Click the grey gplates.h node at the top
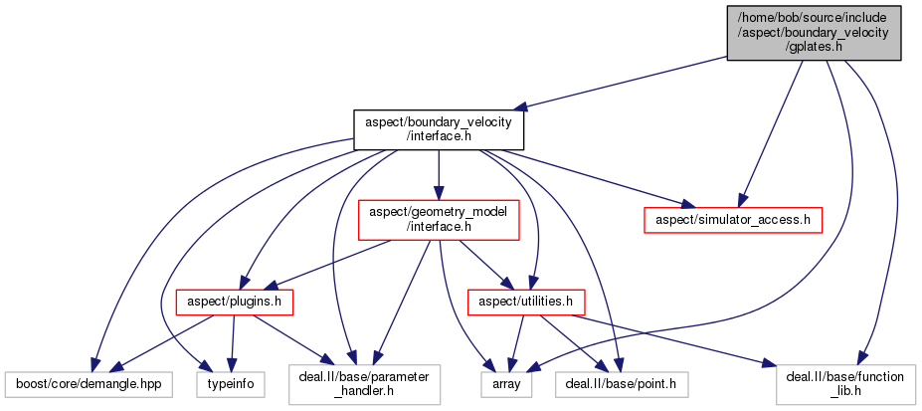click(815, 33)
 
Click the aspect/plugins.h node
click(222, 300)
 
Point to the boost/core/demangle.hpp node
click(89, 381)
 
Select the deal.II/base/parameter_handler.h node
click(364, 382)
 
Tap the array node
click(513, 381)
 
